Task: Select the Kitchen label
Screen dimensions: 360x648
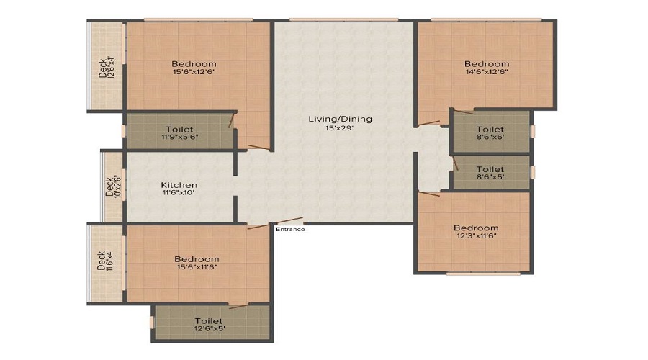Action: click(179, 185)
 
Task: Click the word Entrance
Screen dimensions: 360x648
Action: click(290, 230)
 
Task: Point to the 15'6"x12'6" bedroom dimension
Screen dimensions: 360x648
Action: click(194, 72)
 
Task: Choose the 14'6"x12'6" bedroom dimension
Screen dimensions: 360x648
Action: click(486, 72)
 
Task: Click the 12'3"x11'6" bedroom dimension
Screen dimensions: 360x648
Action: click(476, 236)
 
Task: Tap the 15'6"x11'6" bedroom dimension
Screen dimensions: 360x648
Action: click(196, 267)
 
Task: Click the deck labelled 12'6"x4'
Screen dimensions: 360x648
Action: click(107, 67)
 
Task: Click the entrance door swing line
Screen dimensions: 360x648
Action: click(287, 222)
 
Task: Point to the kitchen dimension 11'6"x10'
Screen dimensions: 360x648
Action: click(179, 193)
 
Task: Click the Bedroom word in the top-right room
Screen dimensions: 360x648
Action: click(486, 63)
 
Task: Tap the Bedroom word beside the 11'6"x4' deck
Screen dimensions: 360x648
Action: click(196, 259)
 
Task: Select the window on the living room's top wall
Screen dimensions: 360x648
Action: click(343, 19)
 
